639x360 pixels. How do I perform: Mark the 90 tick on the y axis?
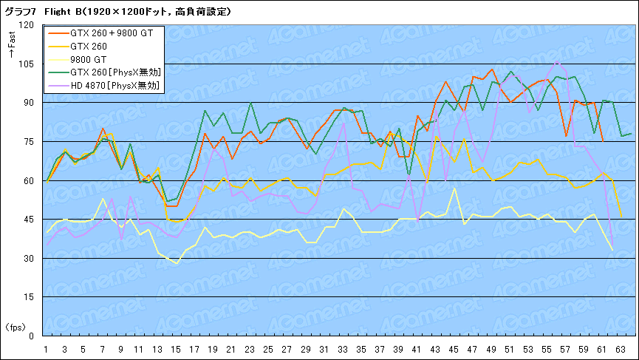[x=29, y=103]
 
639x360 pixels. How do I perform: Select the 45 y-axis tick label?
[x=29, y=220]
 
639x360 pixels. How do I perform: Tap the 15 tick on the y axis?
[x=29, y=297]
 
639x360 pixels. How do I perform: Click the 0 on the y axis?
[x=31, y=336]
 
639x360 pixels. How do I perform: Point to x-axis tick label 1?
[x=46, y=349]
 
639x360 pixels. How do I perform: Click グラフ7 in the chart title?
[x=21, y=12]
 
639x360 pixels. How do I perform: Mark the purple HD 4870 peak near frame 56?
[x=557, y=61]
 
